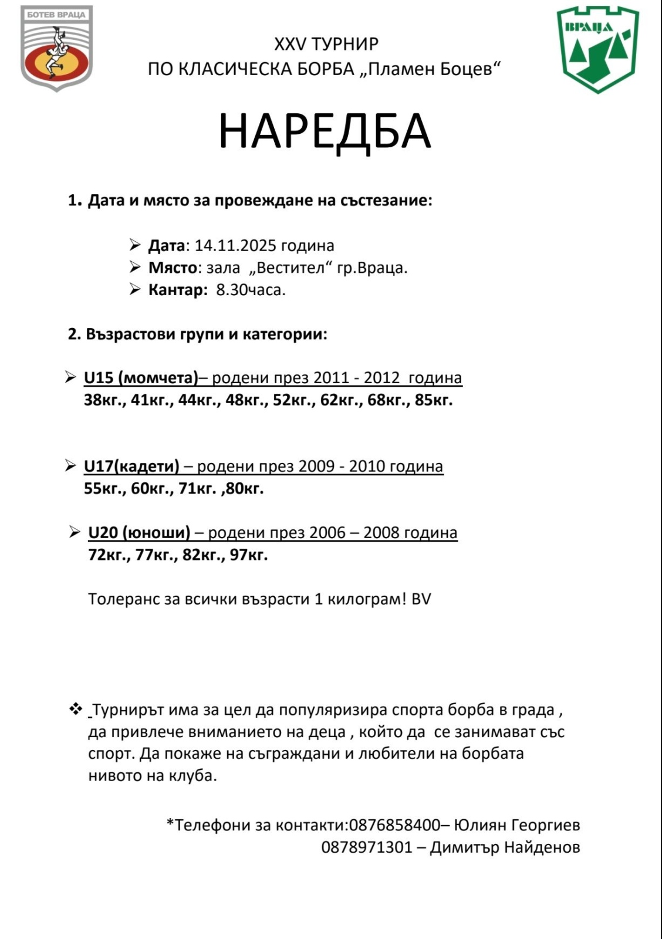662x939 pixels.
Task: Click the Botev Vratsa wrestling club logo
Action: click(56, 48)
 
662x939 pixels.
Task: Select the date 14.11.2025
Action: click(235, 245)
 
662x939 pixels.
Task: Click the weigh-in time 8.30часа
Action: click(251, 290)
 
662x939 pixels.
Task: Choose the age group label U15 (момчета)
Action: click(141, 377)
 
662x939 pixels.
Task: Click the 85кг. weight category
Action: click(434, 400)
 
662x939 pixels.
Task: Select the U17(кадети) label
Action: click(131, 466)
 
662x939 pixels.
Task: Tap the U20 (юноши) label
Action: click(139, 532)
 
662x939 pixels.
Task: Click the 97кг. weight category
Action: click(249, 555)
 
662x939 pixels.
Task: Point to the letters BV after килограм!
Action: click(421, 599)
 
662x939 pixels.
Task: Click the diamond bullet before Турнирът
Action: click(76, 709)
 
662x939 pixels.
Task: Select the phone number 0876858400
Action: click(394, 825)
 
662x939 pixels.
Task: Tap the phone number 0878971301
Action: click(367, 847)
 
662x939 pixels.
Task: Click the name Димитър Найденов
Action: click(505, 847)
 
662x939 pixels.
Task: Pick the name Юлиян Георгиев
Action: click(517, 825)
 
